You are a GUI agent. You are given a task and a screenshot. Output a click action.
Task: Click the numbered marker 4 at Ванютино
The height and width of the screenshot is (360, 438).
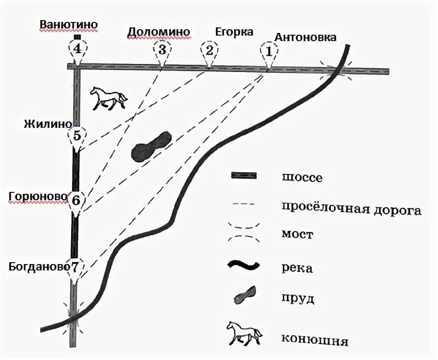point(77,48)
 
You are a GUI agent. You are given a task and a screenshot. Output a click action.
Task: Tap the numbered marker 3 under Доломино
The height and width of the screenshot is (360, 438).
point(162,49)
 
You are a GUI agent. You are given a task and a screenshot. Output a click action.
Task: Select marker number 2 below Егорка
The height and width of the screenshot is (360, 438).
point(209,50)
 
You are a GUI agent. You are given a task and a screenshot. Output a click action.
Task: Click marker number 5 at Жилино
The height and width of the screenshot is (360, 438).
point(76,136)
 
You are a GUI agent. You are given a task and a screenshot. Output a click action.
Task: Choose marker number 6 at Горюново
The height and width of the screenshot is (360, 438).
point(76,200)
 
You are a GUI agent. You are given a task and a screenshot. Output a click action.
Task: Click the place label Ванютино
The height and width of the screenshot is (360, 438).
point(69,24)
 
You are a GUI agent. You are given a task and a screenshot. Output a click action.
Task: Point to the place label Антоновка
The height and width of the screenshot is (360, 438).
point(305,37)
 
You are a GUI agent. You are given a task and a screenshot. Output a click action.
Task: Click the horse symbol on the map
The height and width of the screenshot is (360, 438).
point(108,98)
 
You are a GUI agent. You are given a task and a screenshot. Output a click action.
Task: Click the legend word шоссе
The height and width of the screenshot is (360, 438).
point(301,177)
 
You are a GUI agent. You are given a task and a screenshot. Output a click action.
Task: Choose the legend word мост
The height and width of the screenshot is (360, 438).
point(297,235)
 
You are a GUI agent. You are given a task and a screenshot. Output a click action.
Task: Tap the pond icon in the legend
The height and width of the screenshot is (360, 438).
point(245,296)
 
